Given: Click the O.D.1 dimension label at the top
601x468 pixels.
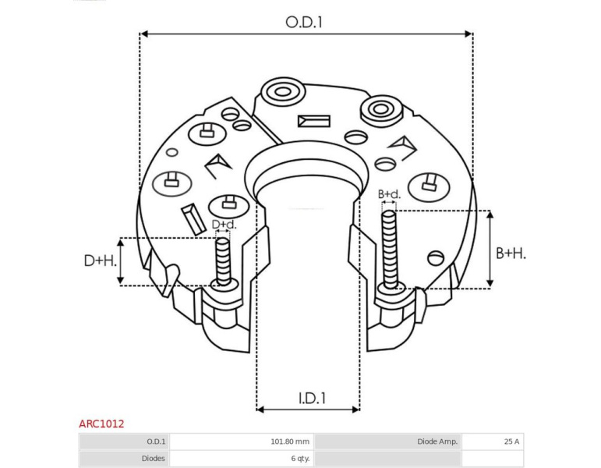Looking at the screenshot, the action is click(304, 23).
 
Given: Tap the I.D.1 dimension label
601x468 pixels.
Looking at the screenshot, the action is click(312, 399).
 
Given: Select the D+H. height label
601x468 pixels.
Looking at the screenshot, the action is click(101, 261).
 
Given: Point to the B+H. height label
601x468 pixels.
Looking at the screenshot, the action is click(511, 253).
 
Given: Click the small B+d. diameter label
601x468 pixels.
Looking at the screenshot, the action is click(389, 194).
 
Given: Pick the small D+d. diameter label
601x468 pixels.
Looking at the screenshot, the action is click(224, 225).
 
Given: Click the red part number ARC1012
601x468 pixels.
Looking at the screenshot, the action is click(101, 424).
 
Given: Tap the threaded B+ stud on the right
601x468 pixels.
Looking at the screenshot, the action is click(389, 250).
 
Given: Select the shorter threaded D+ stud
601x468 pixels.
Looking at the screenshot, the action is click(223, 261).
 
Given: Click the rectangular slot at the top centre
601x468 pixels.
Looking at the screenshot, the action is click(314, 121).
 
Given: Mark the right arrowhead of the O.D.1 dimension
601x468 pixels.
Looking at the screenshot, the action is click(468, 34).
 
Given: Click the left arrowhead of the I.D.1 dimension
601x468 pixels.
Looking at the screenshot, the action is click(260, 409).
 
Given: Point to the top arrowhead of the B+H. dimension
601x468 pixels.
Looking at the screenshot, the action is click(490, 214).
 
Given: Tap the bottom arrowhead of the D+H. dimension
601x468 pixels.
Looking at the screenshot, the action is click(121, 281).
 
